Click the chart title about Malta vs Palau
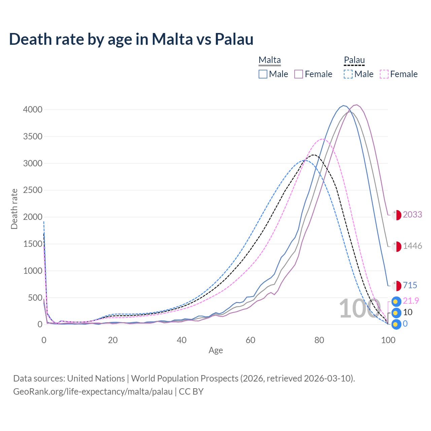[131, 39]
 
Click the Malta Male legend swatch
[263, 74]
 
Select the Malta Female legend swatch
[299, 74]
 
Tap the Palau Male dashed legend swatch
[348, 74]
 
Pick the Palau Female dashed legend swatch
[384, 74]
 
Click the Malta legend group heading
[270, 60]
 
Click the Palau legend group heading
[354, 60]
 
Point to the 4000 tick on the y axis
[33, 110]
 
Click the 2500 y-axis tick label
[33, 190]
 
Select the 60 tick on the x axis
[251, 340]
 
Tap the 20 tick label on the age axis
[113, 340]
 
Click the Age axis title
[215, 351]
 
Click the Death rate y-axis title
[14, 209]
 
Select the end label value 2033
[412, 214]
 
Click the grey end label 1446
[412, 246]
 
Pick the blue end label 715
[410, 286]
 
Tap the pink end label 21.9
[411, 301]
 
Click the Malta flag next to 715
[397, 286]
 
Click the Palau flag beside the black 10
[397, 313]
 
